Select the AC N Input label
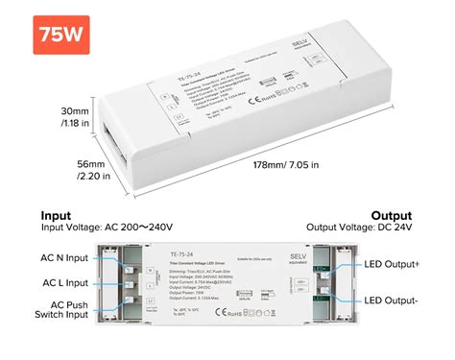[65, 257]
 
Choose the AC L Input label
[65, 283]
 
